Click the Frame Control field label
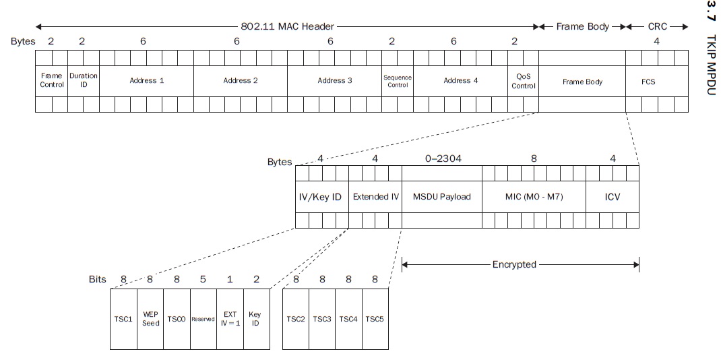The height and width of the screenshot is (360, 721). point(52,81)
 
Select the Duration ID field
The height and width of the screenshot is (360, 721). point(84,81)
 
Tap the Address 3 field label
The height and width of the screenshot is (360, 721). point(335,81)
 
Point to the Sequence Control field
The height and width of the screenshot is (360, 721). point(397,81)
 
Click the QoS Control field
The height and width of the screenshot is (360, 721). point(523,81)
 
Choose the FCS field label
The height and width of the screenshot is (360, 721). point(648,82)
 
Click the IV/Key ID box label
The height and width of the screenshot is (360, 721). point(320,197)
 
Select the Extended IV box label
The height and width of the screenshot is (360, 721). point(376,197)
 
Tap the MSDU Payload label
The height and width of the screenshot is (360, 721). point(441,197)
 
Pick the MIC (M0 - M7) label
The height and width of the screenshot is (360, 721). point(534,197)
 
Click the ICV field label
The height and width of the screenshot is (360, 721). point(612,197)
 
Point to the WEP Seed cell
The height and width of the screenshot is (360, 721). point(150,319)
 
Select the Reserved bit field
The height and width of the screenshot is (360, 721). point(202,319)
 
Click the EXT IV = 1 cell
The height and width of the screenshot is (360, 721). point(230,319)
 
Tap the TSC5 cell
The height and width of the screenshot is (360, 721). point(375,319)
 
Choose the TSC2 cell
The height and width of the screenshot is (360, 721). point(296,319)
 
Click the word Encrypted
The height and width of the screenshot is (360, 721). point(514,264)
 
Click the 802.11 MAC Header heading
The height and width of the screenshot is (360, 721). point(287,27)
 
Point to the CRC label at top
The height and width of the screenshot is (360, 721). point(657,27)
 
